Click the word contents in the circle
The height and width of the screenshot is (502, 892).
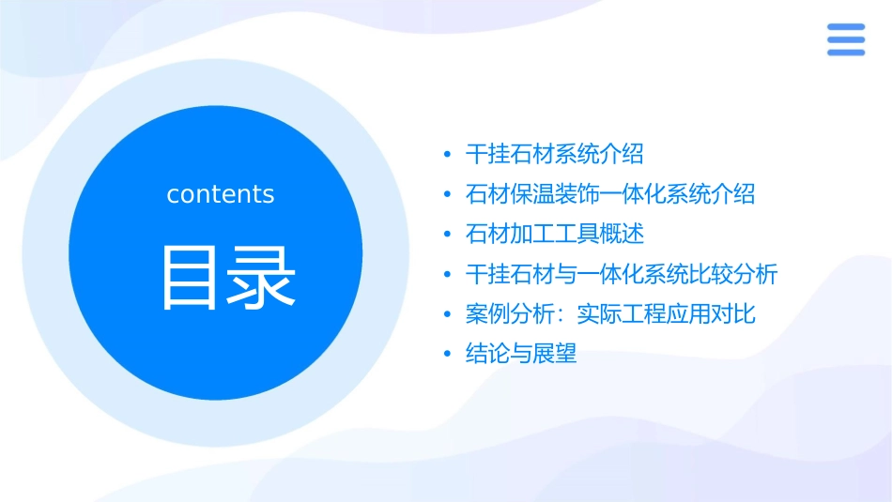(221, 194)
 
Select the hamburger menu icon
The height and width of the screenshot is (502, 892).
(845, 39)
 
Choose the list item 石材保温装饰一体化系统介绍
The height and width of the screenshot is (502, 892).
(610, 194)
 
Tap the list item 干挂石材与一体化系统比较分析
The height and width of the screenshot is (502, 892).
(622, 274)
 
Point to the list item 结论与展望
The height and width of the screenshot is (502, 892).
(521, 354)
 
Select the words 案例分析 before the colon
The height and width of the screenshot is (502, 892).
(510, 314)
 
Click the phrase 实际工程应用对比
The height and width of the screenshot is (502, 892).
(666, 314)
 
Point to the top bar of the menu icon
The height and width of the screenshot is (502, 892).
(845, 26)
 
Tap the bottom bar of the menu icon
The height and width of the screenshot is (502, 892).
(845, 53)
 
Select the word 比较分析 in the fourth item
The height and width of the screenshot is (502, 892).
(733, 274)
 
